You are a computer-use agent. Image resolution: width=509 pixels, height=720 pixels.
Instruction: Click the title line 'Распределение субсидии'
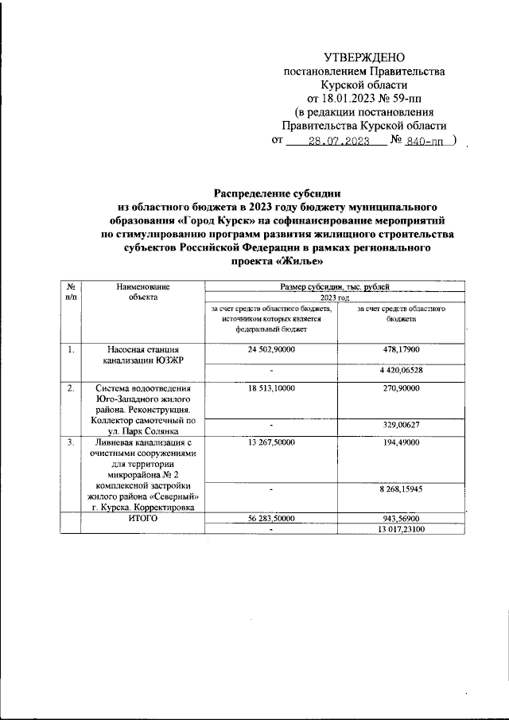point(277,192)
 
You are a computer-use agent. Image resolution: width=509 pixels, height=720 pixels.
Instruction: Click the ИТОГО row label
point(142,517)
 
